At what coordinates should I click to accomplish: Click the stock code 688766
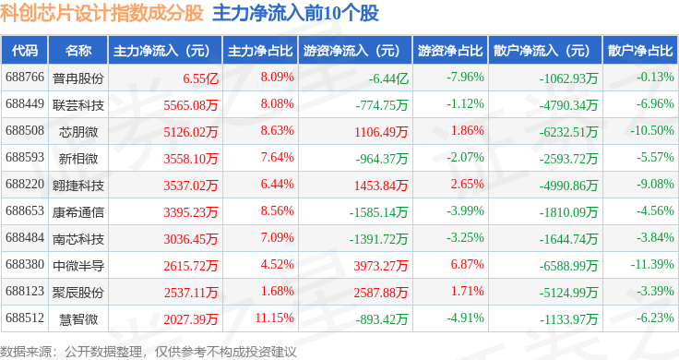[25, 78]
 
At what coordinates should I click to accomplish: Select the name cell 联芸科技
[78, 105]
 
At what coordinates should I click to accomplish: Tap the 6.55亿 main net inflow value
[200, 78]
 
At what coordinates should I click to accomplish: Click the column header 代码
[25, 50]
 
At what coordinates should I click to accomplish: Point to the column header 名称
[78, 50]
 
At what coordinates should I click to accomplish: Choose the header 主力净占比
[260, 51]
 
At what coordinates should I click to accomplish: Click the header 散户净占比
[640, 51]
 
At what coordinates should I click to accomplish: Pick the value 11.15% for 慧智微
[275, 318]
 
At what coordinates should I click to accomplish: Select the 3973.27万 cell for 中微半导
[381, 266]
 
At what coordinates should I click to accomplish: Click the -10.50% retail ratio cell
[651, 130]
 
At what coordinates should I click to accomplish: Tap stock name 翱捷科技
[78, 186]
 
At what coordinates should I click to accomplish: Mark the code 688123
[25, 291]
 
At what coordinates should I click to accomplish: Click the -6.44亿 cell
[388, 78]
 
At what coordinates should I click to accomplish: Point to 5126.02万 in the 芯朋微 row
[191, 132]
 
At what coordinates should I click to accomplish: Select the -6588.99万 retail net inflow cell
[568, 266]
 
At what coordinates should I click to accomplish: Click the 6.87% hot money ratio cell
[467, 264]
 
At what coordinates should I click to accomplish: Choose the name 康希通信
[78, 212]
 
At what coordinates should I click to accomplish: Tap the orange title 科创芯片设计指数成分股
[101, 13]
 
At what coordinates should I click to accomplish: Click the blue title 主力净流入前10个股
[295, 13]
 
